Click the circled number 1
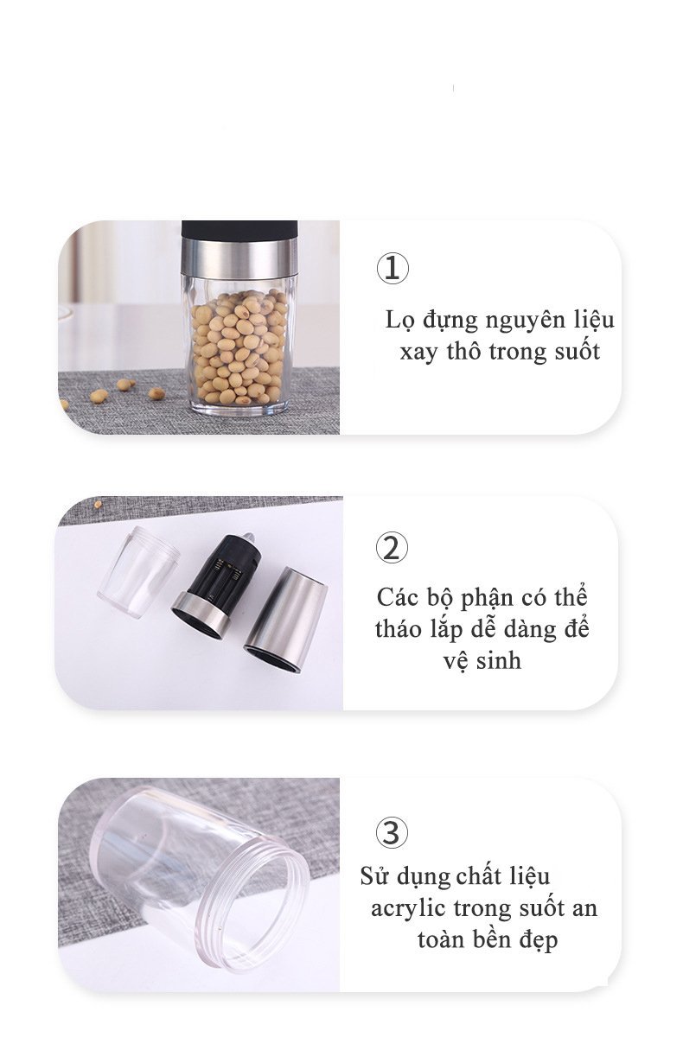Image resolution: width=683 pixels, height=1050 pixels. click(393, 268)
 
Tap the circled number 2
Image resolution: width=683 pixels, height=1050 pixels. click(392, 546)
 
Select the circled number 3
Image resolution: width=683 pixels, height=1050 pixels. click(392, 832)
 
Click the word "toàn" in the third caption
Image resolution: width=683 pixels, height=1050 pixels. click(440, 940)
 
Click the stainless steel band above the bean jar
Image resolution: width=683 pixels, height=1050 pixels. click(239, 257)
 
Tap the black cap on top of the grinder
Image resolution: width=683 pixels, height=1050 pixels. click(239, 230)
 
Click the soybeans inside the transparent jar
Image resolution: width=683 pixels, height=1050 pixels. click(239, 347)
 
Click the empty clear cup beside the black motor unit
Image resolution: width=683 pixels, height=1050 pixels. click(137, 571)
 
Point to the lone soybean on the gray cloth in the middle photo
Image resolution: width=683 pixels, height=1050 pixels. click(98, 504)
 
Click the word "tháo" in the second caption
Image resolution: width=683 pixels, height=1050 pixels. click(398, 629)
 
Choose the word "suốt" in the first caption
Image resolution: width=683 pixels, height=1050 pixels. click(577, 352)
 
